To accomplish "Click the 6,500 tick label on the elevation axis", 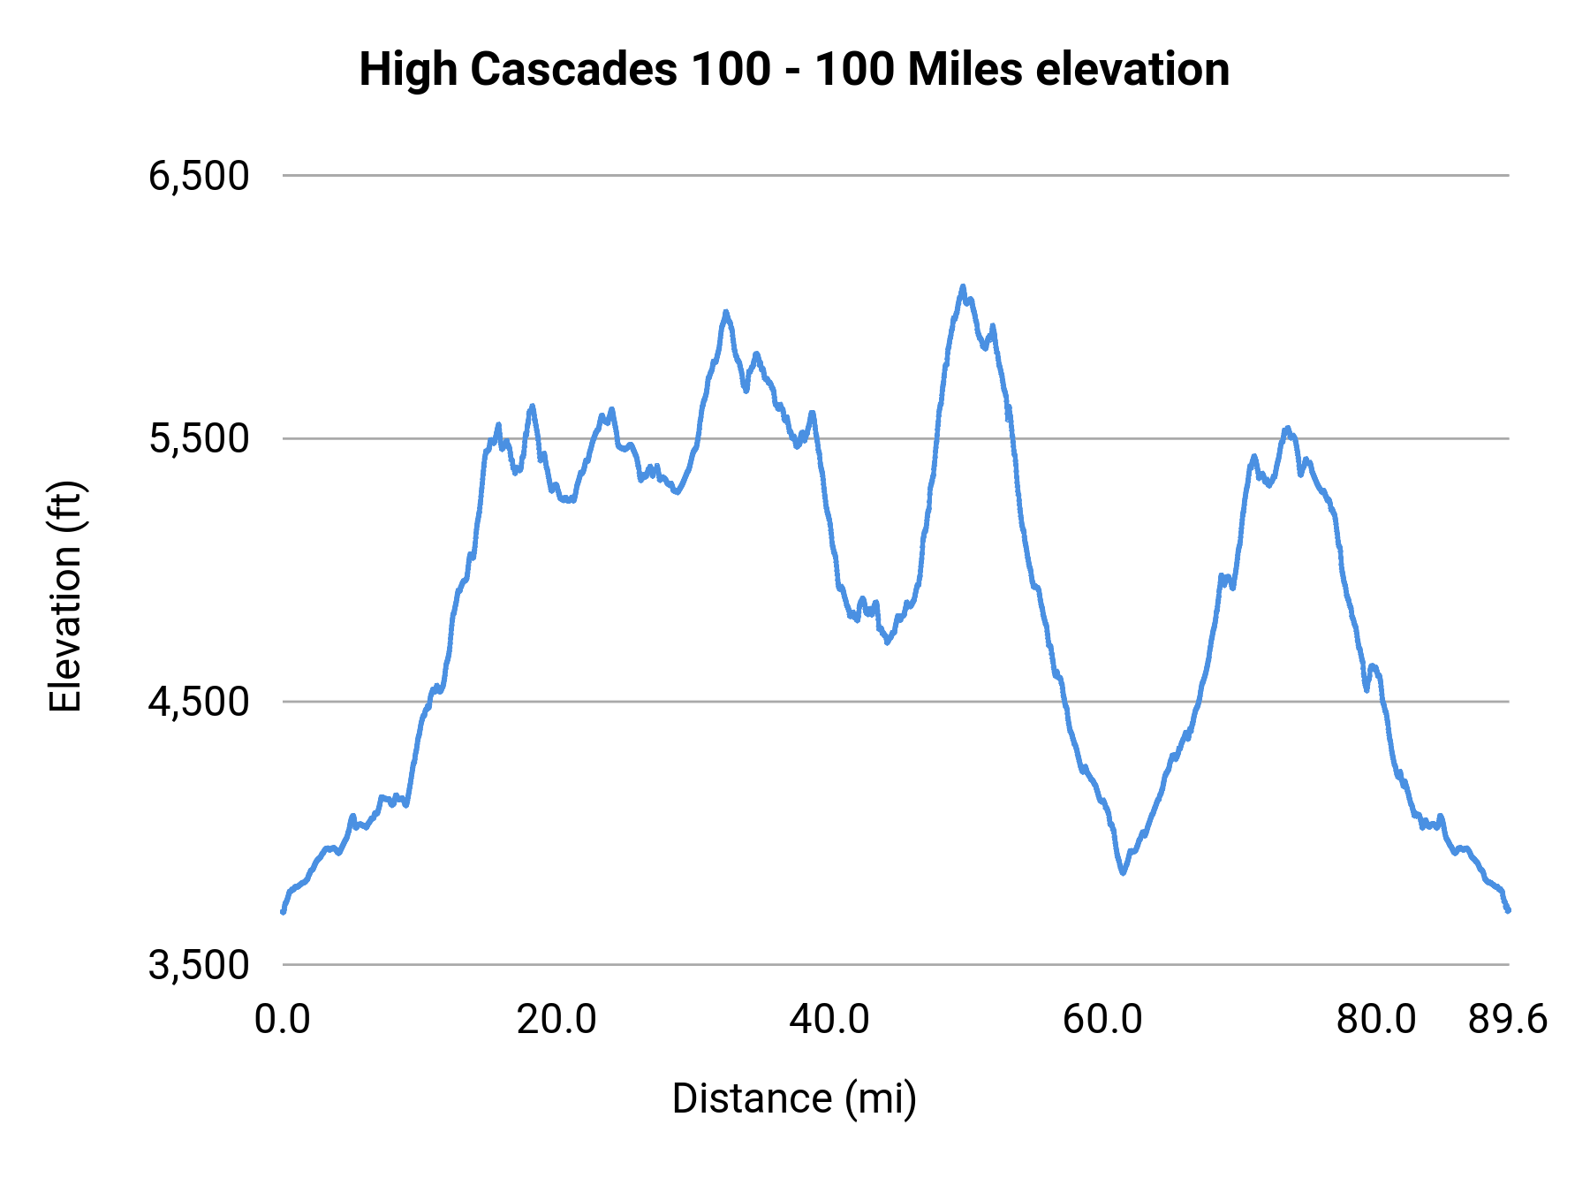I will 199,176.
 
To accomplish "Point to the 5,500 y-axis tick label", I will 199,438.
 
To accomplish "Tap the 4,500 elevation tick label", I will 199,702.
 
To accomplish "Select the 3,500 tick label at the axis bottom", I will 199,965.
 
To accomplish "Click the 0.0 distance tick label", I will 282,1020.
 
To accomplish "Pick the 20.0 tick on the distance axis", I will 556,1020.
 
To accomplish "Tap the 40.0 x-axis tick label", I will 829,1020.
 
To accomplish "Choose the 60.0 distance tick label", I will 1102,1020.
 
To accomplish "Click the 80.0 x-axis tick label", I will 1375,1020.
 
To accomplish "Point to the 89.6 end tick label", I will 1508,1020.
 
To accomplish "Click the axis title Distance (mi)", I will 794,1098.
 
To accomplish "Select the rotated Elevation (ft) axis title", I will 65,596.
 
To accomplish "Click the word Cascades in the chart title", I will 574,69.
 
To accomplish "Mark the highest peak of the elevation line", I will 963,286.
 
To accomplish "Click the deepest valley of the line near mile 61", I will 1123,872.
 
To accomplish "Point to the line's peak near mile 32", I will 725,312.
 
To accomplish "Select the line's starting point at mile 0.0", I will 283,911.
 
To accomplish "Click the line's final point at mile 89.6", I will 1508,909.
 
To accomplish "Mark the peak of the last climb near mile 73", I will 1287,429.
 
